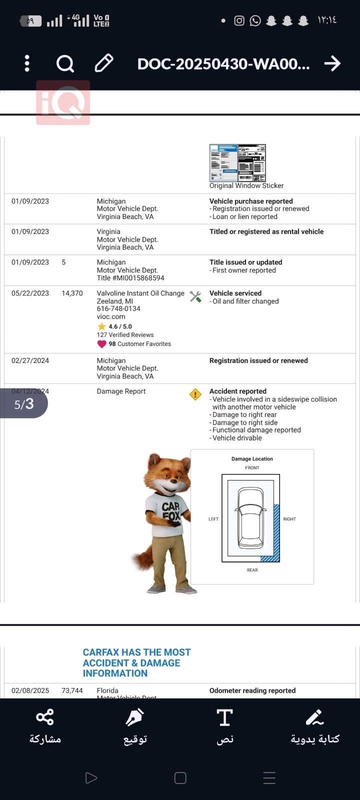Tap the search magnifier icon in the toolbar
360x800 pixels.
[x=65, y=63]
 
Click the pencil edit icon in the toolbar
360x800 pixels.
[x=104, y=63]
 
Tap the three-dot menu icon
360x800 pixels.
[x=27, y=63]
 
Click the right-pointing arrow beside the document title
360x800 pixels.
[x=332, y=63]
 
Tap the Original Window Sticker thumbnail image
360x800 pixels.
[x=237, y=163]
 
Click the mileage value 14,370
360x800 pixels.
[x=72, y=293]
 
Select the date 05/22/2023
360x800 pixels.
[x=30, y=293]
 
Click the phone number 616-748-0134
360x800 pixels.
[x=118, y=309]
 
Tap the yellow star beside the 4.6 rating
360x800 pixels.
[x=102, y=326]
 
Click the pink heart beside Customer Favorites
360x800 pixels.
[x=102, y=344]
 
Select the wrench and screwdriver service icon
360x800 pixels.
[x=195, y=297]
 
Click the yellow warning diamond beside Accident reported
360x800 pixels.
[x=195, y=394]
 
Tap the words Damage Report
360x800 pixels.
[x=121, y=391]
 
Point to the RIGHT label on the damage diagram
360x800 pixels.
[x=289, y=519]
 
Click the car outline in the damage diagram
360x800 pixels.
[x=250, y=518]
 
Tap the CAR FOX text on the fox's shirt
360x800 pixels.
[x=171, y=511]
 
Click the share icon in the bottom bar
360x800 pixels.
[x=45, y=717]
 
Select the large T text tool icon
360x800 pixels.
[x=225, y=717]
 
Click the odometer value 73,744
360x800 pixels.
[x=72, y=690]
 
